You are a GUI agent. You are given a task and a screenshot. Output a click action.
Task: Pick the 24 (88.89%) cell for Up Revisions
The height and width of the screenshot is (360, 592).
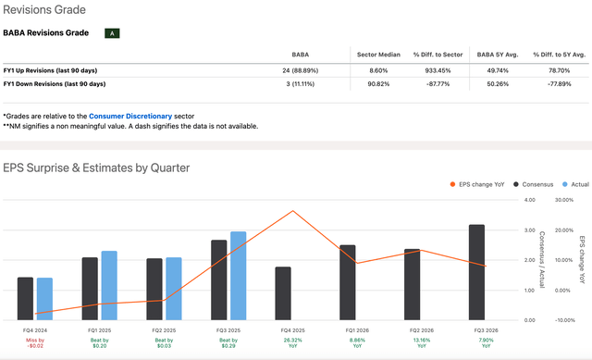pyautogui.click(x=306, y=70)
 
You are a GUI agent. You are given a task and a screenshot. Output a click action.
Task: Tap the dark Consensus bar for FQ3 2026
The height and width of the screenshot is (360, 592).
pyautogui.click(x=476, y=271)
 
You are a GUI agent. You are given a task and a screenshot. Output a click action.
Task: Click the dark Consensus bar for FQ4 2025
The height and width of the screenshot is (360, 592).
pyautogui.click(x=283, y=292)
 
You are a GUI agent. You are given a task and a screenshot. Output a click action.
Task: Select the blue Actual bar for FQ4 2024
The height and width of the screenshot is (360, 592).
pyautogui.click(x=44, y=298)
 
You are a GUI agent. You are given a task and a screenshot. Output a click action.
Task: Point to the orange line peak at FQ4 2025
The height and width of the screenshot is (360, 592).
pyautogui.click(x=293, y=211)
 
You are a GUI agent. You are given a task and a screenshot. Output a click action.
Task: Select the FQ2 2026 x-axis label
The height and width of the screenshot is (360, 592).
pyautogui.click(x=412, y=329)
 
